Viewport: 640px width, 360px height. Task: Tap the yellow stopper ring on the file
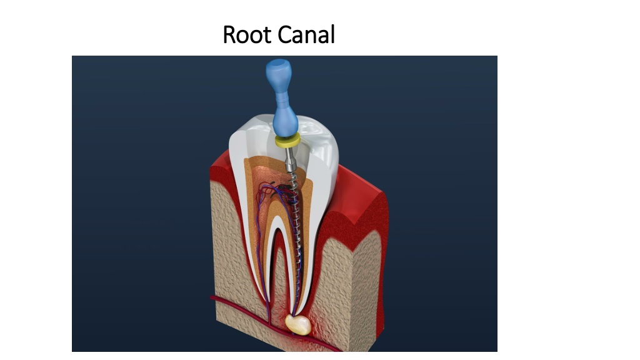click(x=287, y=141)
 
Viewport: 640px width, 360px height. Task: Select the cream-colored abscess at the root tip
click(x=298, y=324)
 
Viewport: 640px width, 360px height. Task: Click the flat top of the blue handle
click(x=278, y=63)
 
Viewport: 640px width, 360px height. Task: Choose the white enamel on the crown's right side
click(x=324, y=155)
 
